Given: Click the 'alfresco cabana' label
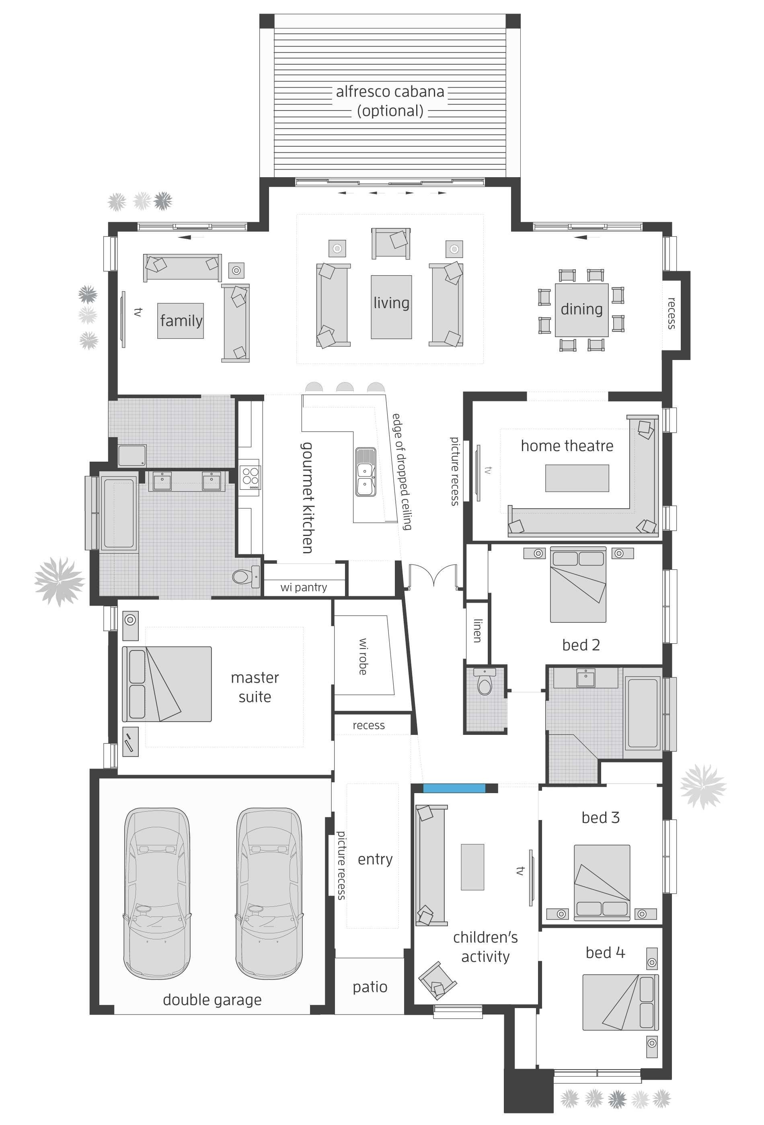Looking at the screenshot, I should tap(390, 92).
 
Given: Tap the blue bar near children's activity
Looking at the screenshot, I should tap(454, 788).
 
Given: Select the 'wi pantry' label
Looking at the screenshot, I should tap(303, 587).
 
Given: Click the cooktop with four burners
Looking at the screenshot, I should tap(250, 477).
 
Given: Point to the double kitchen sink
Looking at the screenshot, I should tap(365, 472).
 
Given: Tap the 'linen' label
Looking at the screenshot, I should tap(478, 630).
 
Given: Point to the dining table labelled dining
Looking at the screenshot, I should tap(581, 310).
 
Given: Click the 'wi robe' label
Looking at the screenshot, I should tap(363, 657).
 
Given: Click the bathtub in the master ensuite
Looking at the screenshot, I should tap(119, 513).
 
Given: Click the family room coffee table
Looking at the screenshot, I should tap(180, 321).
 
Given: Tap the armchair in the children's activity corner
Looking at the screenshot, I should tap(437, 981).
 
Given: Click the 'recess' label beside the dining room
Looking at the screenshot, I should tap(671, 313).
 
